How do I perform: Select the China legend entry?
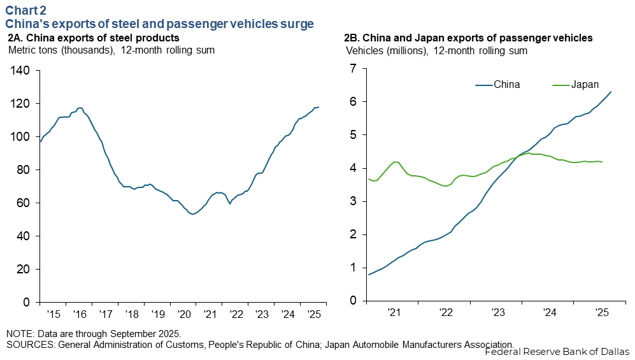tap(507, 85)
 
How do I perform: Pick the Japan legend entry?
tap(584, 85)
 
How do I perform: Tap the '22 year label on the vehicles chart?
tap(445, 312)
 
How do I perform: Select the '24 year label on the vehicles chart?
tap(550, 312)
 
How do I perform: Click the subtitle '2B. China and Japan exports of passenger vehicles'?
tap(469, 38)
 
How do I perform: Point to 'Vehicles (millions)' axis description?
tap(387, 50)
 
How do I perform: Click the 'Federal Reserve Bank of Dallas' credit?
tap(557, 351)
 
